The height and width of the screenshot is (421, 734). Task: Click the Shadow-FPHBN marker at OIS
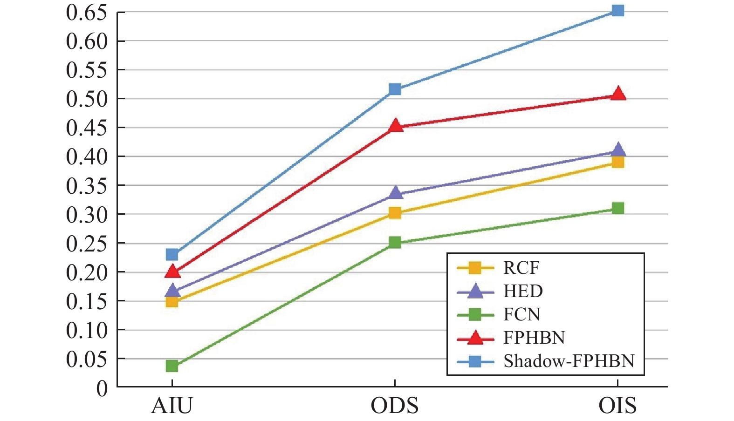[x=617, y=10]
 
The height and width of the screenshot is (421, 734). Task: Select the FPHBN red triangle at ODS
[x=395, y=126]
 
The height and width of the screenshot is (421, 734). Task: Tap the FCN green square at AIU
[x=172, y=366]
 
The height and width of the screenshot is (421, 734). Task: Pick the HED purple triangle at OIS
[x=617, y=150]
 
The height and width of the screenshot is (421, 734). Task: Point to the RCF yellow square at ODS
[x=395, y=213]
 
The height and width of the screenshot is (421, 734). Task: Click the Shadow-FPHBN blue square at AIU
[x=172, y=254]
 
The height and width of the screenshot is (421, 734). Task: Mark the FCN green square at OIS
[x=617, y=208]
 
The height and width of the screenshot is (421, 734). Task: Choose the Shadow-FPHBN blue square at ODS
[x=395, y=89]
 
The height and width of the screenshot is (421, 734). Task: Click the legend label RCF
[x=521, y=268]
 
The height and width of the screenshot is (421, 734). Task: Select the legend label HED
[x=523, y=291]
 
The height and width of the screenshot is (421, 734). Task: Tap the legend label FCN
[x=521, y=314]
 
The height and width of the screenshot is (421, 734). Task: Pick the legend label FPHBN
[x=534, y=338]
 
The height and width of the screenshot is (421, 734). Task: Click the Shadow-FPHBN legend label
[x=569, y=361]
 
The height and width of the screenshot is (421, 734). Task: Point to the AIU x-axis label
[x=172, y=406]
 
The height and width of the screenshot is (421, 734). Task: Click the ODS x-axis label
[x=395, y=406]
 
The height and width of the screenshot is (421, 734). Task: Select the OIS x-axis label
[x=617, y=406]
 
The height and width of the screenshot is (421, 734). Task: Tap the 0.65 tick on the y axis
[x=87, y=13]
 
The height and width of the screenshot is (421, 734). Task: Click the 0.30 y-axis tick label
[x=87, y=215]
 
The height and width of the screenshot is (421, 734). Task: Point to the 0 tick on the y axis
[x=102, y=388]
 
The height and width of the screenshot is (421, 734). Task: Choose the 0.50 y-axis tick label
[x=87, y=99]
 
